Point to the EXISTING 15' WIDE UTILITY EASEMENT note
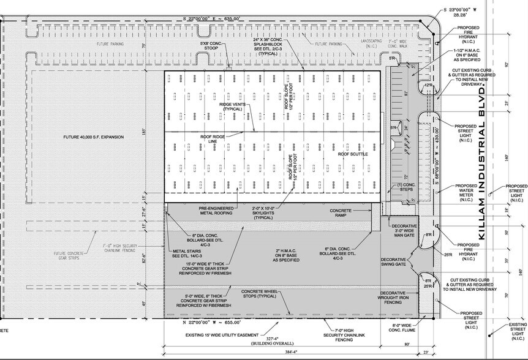coord(217,336)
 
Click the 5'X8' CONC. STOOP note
coord(209,47)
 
